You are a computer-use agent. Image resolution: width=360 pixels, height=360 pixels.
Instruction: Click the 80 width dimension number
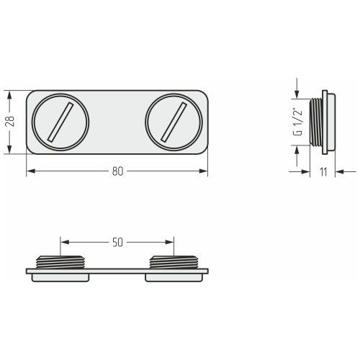click(117, 171)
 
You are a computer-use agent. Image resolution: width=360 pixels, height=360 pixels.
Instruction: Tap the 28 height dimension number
click(10, 122)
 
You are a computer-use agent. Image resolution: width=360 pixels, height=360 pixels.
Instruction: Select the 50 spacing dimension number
click(117, 243)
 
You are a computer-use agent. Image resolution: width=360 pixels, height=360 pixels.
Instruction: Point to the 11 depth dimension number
click(323, 172)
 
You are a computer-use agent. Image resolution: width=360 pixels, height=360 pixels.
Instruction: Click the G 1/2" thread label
click(298, 123)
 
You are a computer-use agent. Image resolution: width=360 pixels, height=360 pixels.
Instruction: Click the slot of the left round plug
click(60, 122)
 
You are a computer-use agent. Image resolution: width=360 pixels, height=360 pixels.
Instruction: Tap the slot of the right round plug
click(174, 122)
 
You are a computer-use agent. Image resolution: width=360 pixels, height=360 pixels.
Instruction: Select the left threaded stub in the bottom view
click(60, 262)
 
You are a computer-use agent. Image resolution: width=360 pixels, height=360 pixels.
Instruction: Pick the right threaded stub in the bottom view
click(174, 262)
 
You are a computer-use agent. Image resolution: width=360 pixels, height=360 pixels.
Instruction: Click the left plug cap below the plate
click(60, 278)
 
